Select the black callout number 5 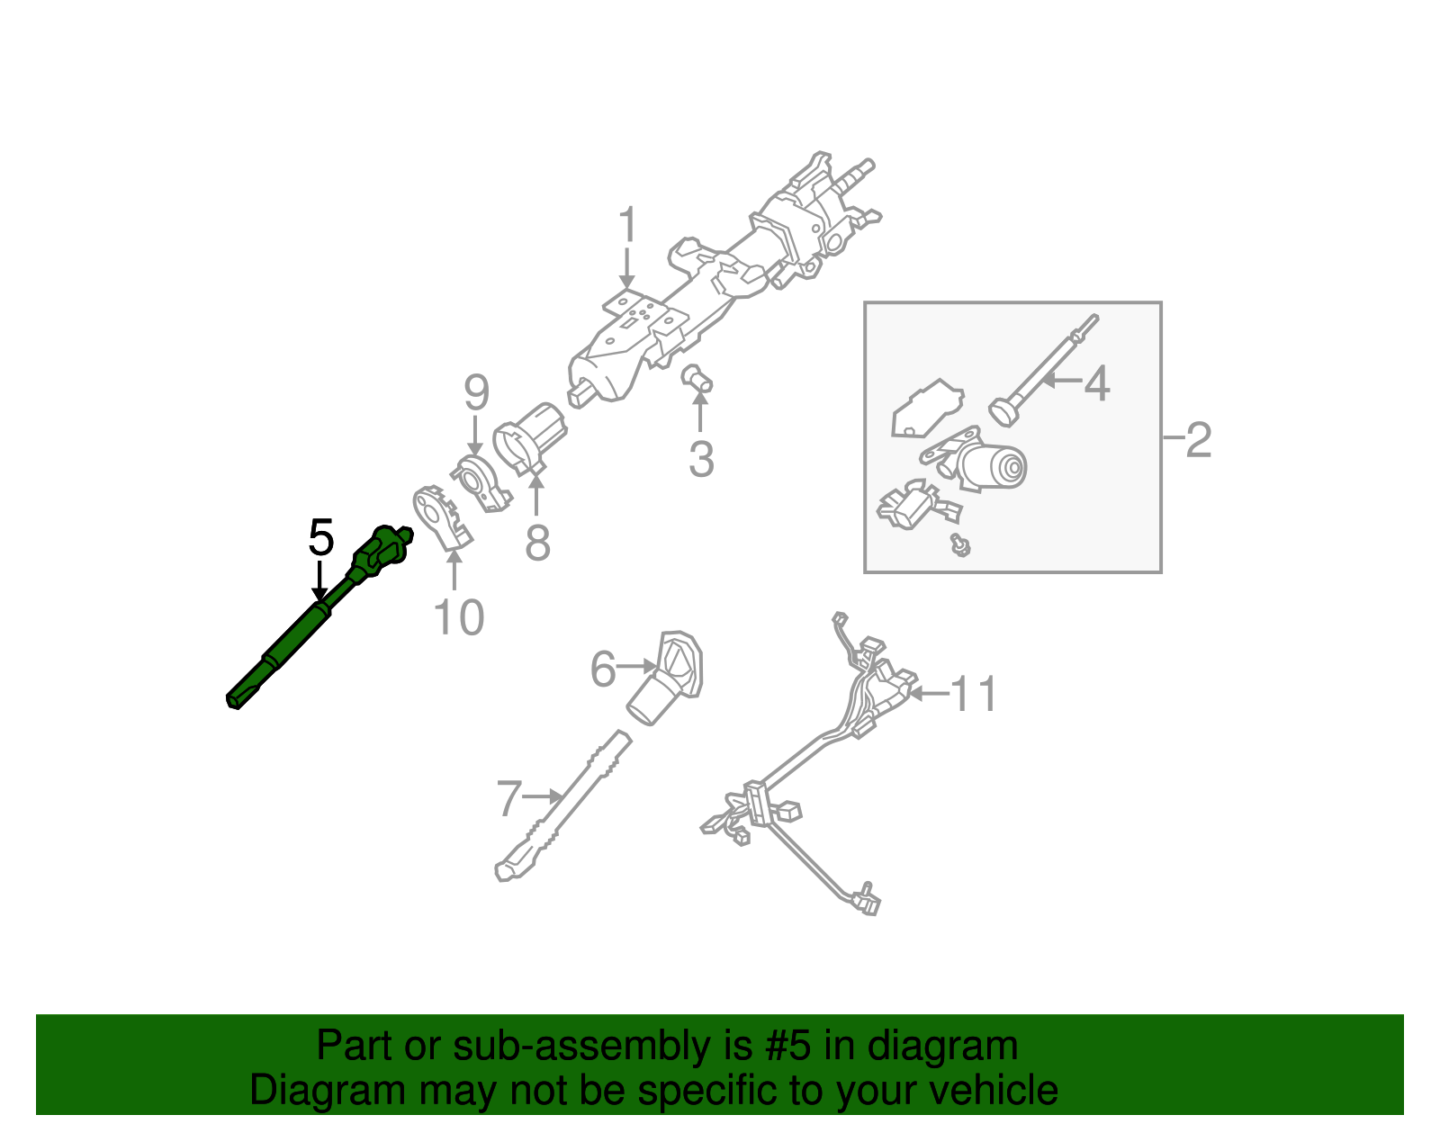(x=320, y=537)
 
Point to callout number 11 (x=974, y=694)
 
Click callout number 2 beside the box (x=1199, y=440)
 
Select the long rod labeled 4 (x=1044, y=370)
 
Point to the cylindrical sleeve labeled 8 (x=531, y=436)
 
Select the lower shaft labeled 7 (x=562, y=805)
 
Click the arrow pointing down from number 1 (x=627, y=270)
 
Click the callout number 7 (x=509, y=798)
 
